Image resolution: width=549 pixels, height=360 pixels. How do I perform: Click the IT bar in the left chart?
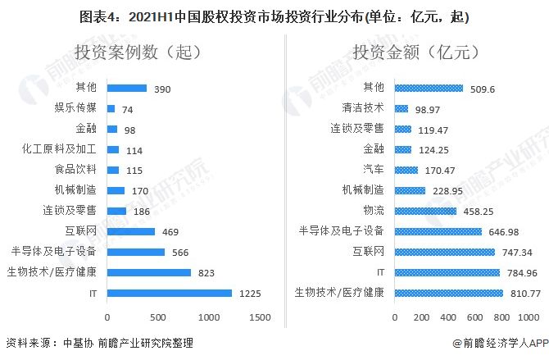(169, 293)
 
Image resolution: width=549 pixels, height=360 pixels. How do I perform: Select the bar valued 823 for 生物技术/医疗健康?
(148, 272)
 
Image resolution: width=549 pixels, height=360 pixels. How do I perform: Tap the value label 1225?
(248, 293)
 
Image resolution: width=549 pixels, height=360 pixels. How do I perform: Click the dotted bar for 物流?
(425, 211)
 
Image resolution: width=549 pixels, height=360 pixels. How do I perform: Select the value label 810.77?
(524, 293)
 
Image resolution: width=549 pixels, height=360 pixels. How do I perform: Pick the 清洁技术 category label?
(363, 108)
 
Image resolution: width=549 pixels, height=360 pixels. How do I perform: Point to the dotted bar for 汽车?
(406, 170)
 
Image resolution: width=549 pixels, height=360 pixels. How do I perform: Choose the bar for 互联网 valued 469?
(130, 231)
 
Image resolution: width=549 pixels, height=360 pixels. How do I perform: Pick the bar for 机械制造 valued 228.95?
(410, 190)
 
